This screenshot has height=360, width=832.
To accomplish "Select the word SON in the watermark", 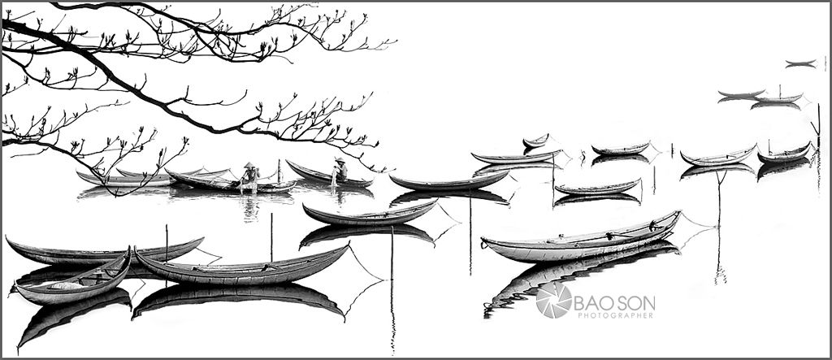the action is click(636, 304).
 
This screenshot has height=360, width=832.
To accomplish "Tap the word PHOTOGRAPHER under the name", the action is click(616, 315).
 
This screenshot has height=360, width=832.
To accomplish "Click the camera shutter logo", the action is click(553, 300).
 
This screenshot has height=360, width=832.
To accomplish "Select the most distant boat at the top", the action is click(800, 62).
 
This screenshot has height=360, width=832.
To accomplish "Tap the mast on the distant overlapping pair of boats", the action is click(779, 91).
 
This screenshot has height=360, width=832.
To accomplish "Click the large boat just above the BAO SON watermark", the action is click(581, 240).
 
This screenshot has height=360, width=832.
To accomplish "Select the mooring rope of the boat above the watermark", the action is click(696, 220).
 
